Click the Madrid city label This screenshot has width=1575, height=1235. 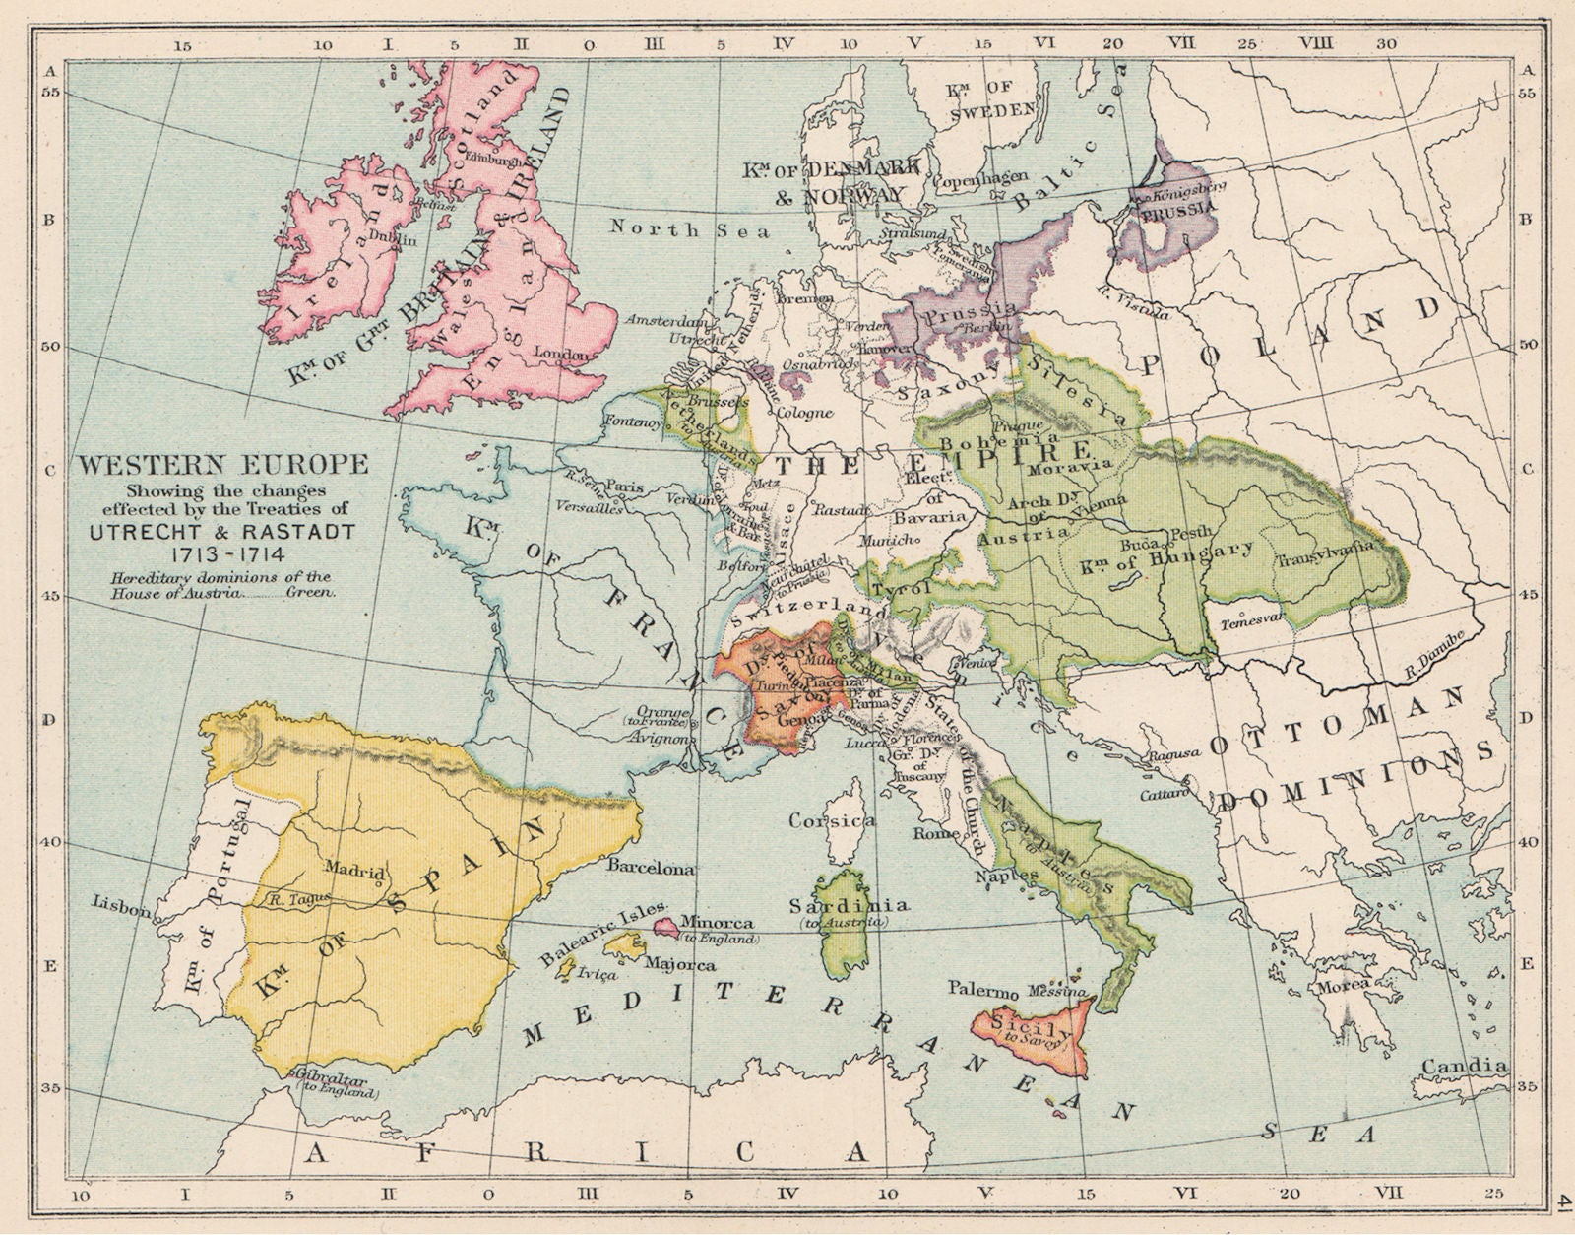tap(353, 870)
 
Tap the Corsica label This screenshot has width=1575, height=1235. tap(832, 819)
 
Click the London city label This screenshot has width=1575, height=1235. tap(560, 353)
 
